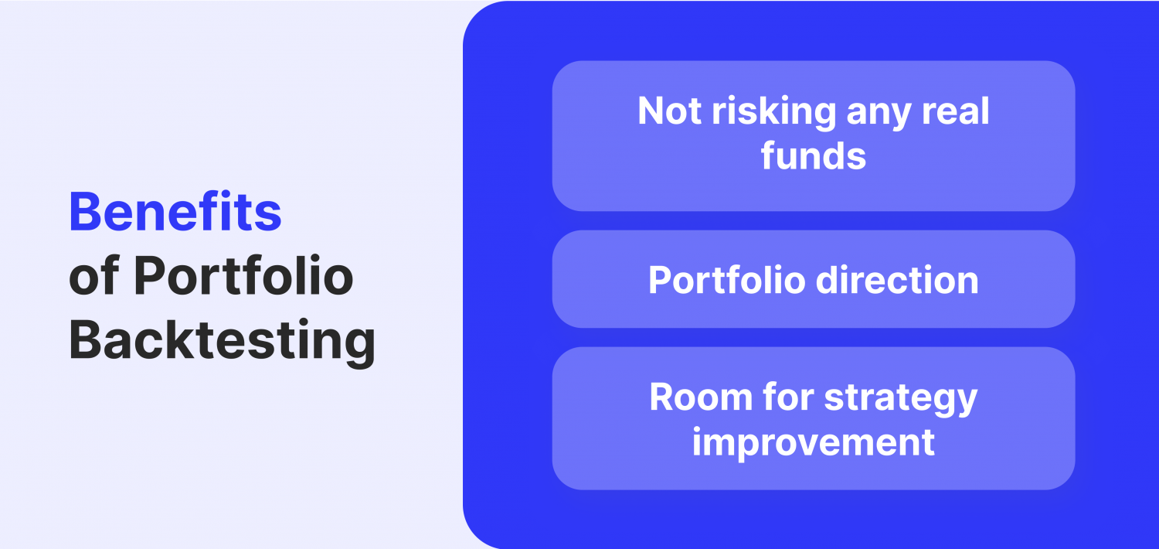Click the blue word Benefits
click(175, 212)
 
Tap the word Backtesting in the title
click(223, 341)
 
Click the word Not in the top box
click(669, 111)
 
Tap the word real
click(957, 111)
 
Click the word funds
click(813, 155)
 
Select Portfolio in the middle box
click(726, 280)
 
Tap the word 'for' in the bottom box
click(787, 397)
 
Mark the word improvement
click(813, 442)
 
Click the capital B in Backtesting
click(85, 341)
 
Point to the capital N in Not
click(652, 111)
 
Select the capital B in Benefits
click(86, 212)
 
